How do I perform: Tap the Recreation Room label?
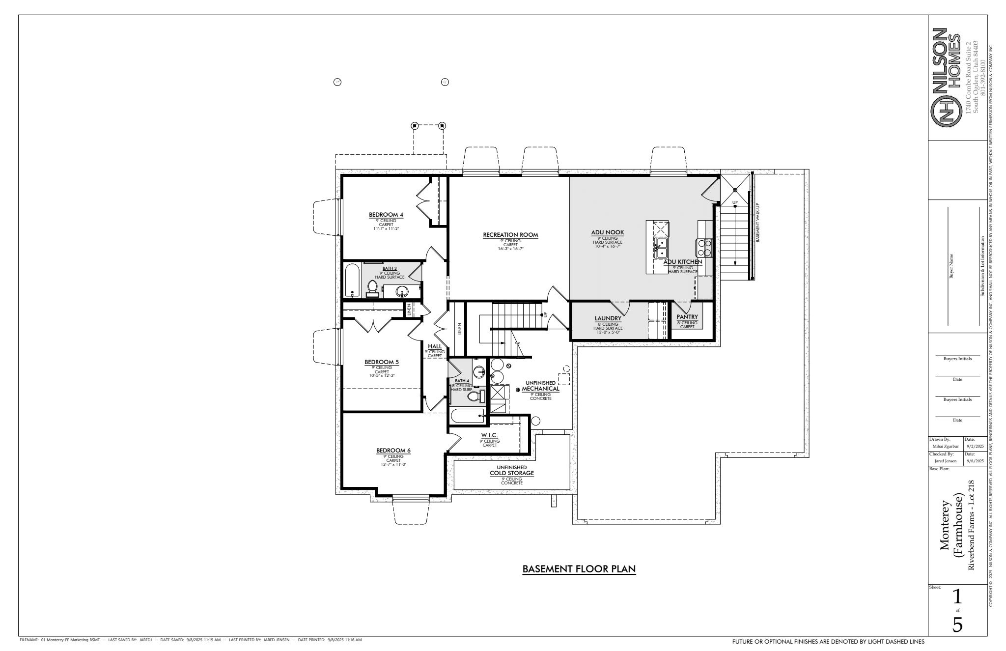coord(510,235)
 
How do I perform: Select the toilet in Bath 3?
coord(372,288)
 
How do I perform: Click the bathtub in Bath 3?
coord(352,281)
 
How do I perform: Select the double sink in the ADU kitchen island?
coord(661,248)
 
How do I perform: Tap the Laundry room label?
coord(608,318)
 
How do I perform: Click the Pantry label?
coord(687,317)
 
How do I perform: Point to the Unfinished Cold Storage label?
coord(511,473)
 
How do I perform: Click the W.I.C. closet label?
coord(489,435)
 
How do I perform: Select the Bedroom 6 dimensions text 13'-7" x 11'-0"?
coord(393,464)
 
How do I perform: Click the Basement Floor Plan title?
coord(579,569)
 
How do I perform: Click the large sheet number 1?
coord(956,597)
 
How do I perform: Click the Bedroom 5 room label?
coord(382,362)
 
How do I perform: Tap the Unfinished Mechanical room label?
coord(540,388)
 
